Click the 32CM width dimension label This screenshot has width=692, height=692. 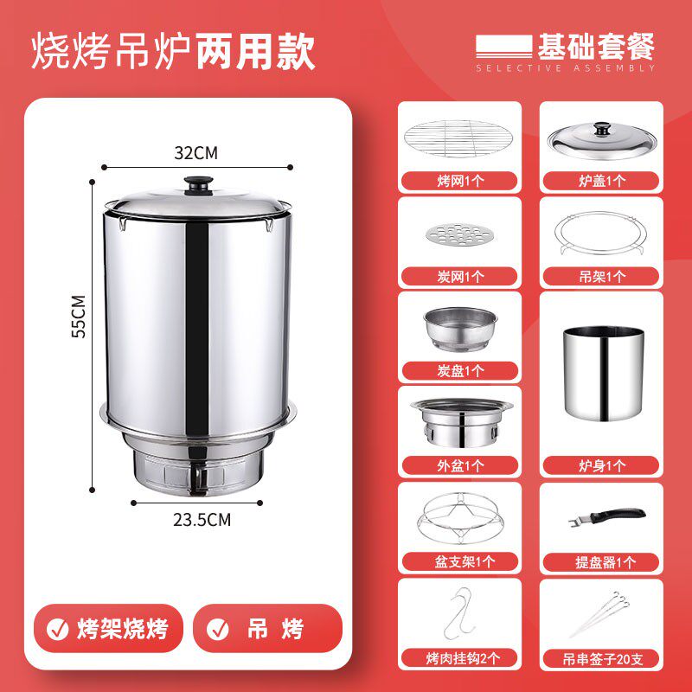pyautogui.click(x=196, y=153)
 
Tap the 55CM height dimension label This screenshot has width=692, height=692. pyautogui.click(x=79, y=317)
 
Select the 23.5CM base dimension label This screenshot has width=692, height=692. pyautogui.click(x=202, y=520)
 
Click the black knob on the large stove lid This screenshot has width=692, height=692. pyautogui.click(x=198, y=185)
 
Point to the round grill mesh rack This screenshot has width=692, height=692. pyautogui.click(x=458, y=138)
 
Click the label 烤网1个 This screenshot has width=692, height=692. pyautogui.click(x=460, y=181)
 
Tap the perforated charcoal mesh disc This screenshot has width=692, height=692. pyautogui.click(x=459, y=234)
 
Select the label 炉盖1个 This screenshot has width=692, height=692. pyautogui.click(x=601, y=181)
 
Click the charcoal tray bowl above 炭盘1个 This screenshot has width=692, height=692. pyautogui.click(x=460, y=329)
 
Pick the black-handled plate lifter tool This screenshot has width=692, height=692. pyautogui.click(x=607, y=516)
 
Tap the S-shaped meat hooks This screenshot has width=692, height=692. pyautogui.click(x=459, y=613)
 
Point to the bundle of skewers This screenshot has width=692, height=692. pyautogui.click(x=600, y=615)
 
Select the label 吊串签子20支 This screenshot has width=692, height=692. pyautogui.click(x=602, y=659)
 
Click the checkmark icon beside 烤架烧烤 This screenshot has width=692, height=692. pyautogui.click(x=58, y=629)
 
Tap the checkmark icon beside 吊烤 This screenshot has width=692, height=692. pyautogui.click(x=218, y=629)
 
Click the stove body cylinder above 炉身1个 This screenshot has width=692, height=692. pyautogui.click(x=603, y=374)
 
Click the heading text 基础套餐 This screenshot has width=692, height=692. pyautogui.click(x=595, y=47)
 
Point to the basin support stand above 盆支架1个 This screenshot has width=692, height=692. pyautogui.click(x=460, y=518)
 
